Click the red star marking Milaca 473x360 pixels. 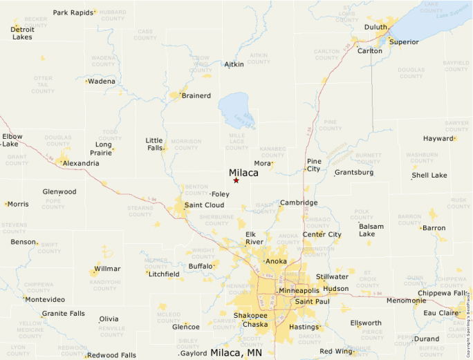pyautogui.click(x=236, y=180)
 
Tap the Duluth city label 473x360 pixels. pyautogui.click(x=376, y=27)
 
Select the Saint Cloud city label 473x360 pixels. pyautogui.click(x=204, y=205)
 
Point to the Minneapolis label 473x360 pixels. pyautogui.click(x=299, y=291)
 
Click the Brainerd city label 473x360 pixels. pyautogui.click(x=196, y=95)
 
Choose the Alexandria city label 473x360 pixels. pyautogui.click(x=81, y=163)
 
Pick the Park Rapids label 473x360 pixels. pyautogui.click(x=73, y=12)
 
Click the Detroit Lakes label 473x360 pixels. pyautogui.click(x=23, y=33)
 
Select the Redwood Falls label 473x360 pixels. pyautogui.click(x=113, y=354)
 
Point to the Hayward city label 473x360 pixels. pyautogui.click(x=438, y=138)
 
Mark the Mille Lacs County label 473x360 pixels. pyautogui.click(x=236, y=142)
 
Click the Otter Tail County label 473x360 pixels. pyautogui.click(x=42, y=85)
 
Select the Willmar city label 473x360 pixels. pyautogui.click(x=107, y=269)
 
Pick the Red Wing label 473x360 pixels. pyautogui.click(x=336, y=352)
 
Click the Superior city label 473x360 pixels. pyautogui.click(x=404, y=42)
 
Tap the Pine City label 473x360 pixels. pyautogui.click(x=314, y=164)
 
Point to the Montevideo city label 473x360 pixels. pyautogui.click(x=46, y=299)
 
